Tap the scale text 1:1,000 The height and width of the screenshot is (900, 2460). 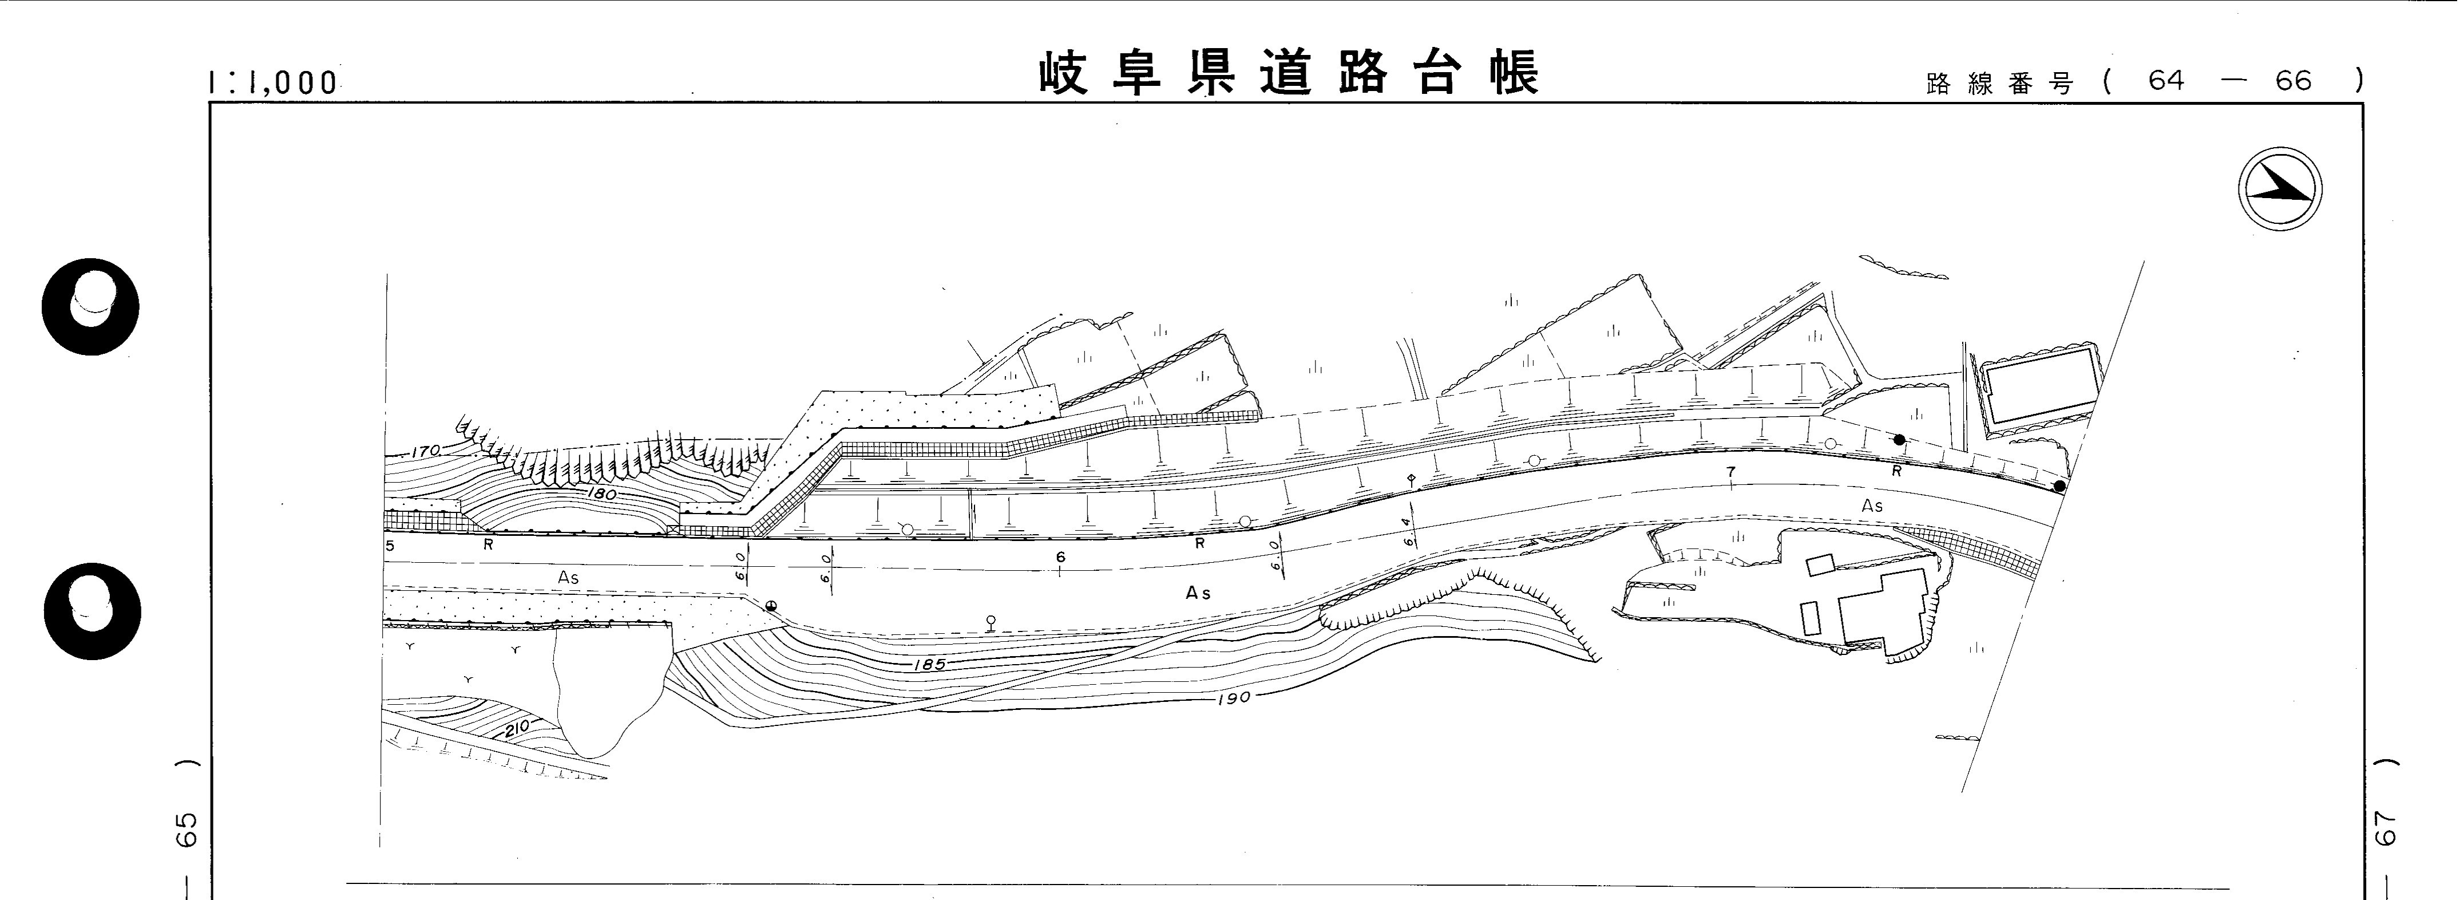pyautogui.click(x=273, y=83)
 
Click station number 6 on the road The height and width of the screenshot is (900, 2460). pyautogui.click(x=1060, y=557)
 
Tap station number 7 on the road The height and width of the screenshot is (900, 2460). pyautogui.click(x=1730, y=472)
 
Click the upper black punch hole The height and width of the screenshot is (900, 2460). pyautogui.click(x=91, y=307)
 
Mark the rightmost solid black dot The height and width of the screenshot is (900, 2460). pyautogui.click(x=2059, y=486)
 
